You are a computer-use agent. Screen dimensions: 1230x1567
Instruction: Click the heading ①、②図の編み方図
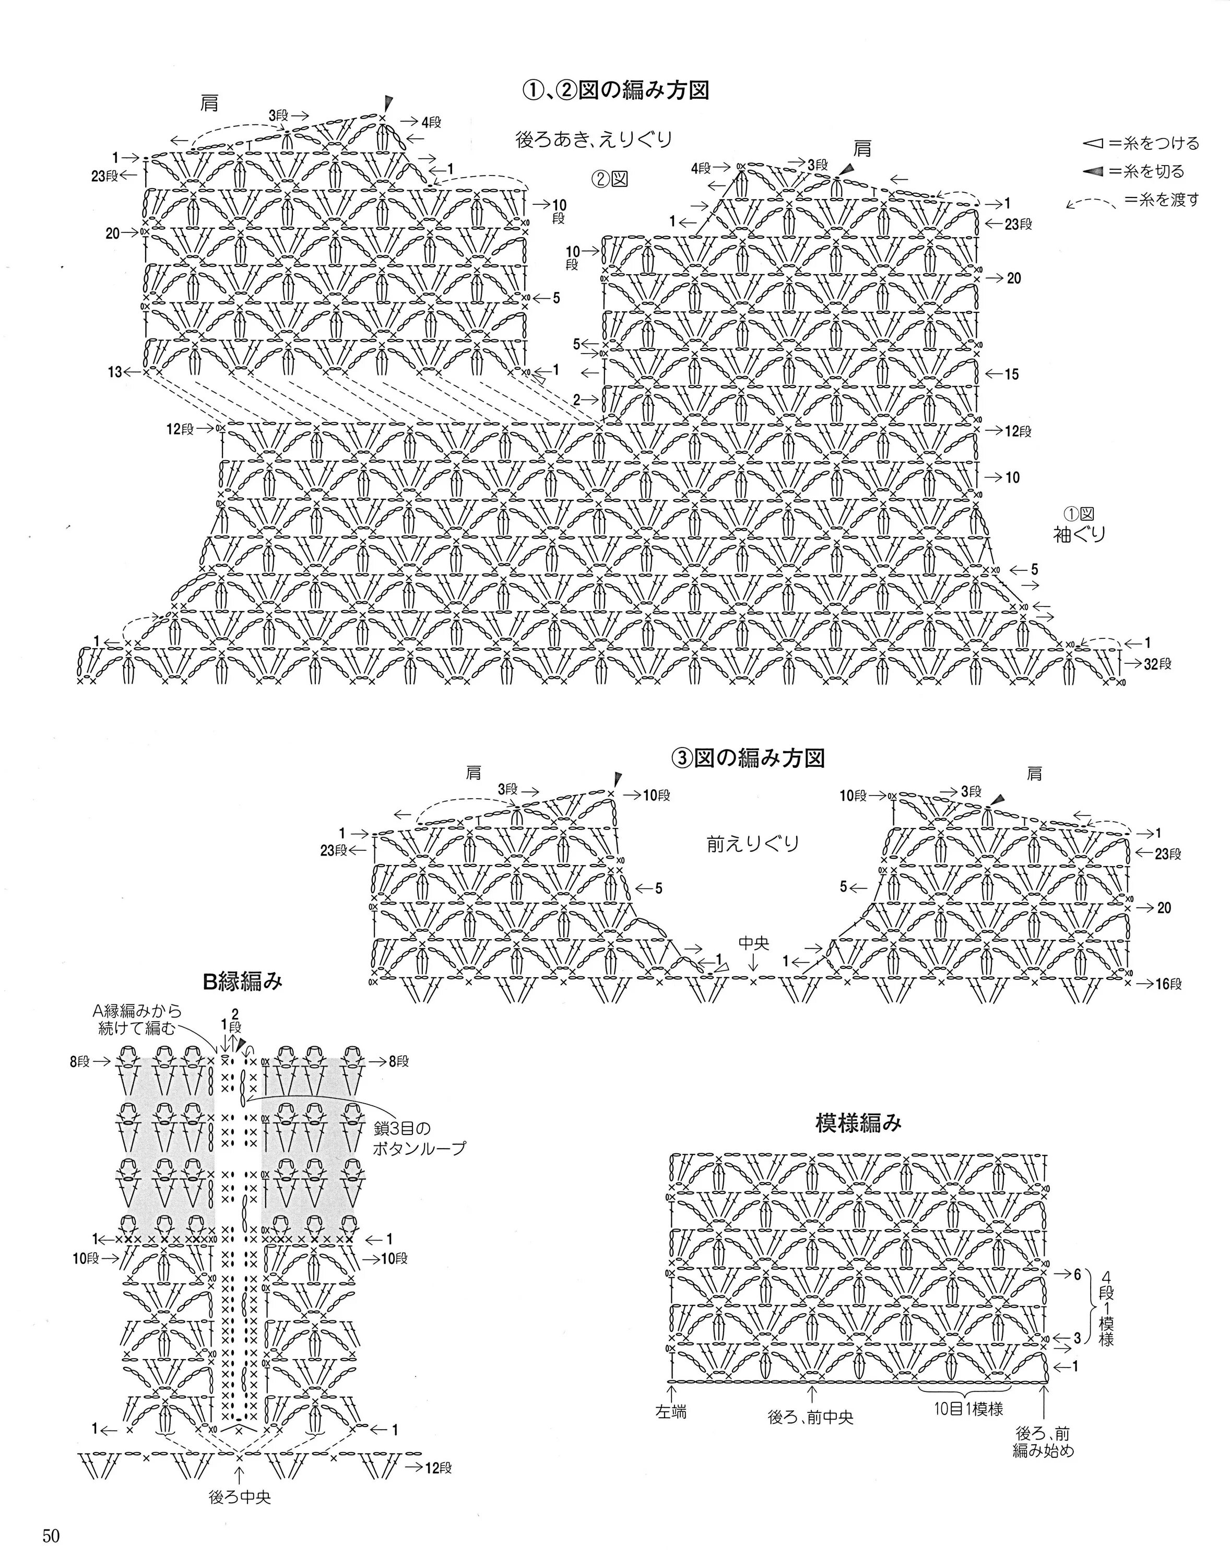[x=616, y=91]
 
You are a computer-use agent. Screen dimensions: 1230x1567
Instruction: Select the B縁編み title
[x=243, y=980]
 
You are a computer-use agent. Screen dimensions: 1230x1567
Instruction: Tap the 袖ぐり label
[x=1079, y=534]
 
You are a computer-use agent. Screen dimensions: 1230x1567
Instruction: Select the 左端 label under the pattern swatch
[x=670, y=1411]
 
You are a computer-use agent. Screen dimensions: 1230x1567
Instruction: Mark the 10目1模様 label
[x=968, y=1409]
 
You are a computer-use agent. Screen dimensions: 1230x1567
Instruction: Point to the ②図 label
[x=609, y=179]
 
